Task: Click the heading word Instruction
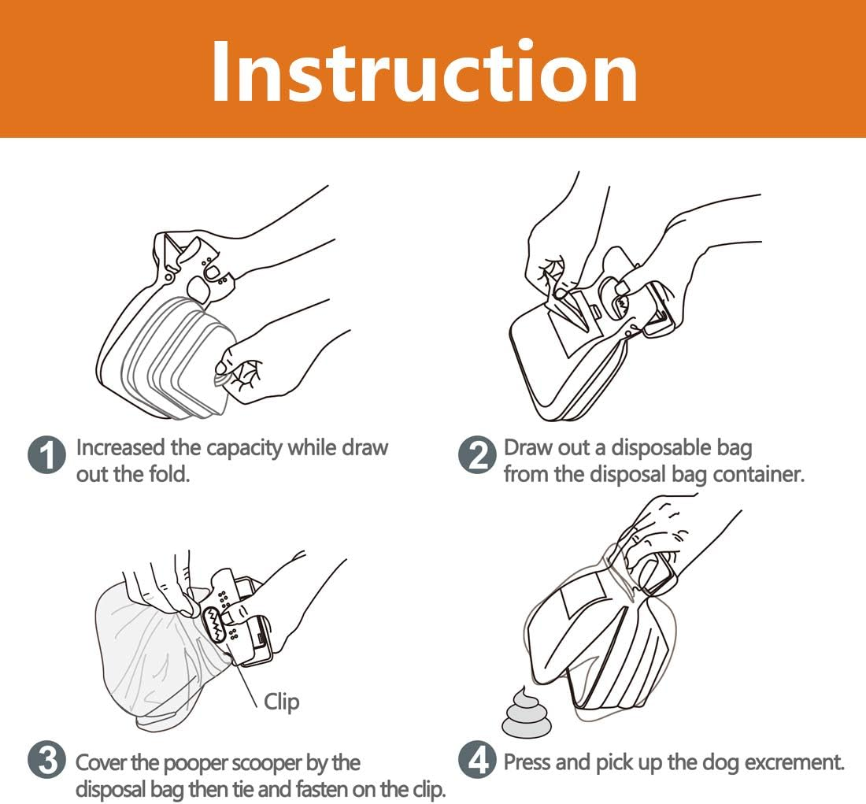tap(424, 71)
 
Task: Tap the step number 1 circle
tap(46, 457)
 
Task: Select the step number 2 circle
tap(477, 457)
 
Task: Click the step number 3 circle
tap(46, 762)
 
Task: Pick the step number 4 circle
tap(477, 762)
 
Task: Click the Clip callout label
tap(281, 701)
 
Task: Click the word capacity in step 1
tap(243, 447)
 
